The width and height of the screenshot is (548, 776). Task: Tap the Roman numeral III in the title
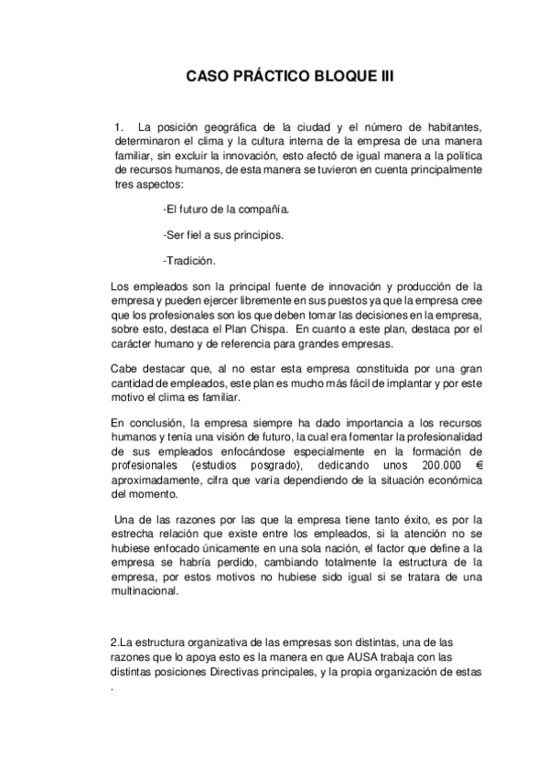[384, 78]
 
